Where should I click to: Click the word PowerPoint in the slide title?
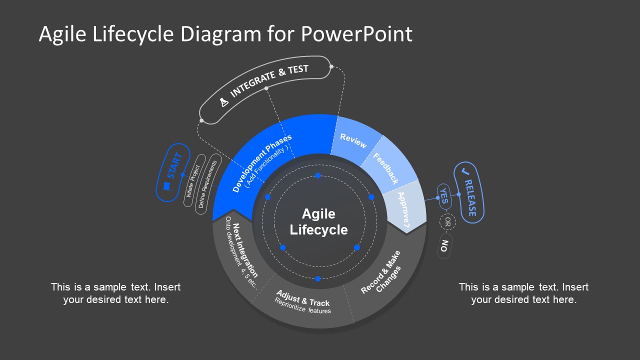click(x=356, y=34)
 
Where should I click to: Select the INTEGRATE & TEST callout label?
click(x=269, y=80)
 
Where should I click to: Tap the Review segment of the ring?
click(x=353, y=141)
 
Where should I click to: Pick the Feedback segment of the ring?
click(x=386, y=168)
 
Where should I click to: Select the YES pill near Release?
click(x=444, y=197)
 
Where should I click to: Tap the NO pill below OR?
click(x=444, y=246)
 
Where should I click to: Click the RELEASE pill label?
click(x=468, y=192)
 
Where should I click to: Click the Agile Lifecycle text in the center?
click(x=318, y=222)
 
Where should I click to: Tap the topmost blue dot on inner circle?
click(x=317, y=175)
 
